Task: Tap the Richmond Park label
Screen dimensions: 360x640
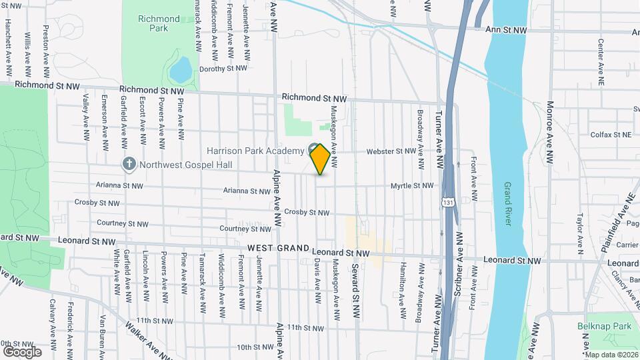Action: [x=159, y=23]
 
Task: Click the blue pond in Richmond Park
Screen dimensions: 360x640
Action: [x=180, y=69]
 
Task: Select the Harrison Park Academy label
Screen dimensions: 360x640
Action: [x=255, y=151]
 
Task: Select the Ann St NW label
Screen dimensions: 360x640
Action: [x=506, y=30]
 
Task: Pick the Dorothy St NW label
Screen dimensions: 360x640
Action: [x=223, y=68]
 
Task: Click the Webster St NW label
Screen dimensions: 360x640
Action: [x=391, y=151]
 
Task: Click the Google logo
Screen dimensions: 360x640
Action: [x=21, y=351]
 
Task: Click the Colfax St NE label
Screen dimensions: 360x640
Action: [x=611, y=135]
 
